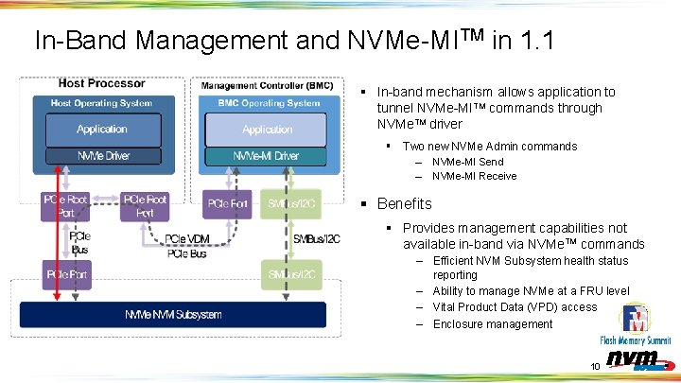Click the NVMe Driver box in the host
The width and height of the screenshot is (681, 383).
[102, 155]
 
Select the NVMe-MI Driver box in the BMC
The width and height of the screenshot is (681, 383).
[266, 155]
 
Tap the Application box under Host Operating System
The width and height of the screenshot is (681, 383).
[102, 129]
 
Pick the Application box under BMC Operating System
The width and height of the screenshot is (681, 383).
[266, 129]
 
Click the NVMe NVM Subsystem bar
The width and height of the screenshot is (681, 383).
[172, 314]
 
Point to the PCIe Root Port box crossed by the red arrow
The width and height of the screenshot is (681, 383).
[65, 205]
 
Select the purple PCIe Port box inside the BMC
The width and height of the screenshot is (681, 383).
[228, 203]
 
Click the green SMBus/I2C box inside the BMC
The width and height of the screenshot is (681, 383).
[291, 203]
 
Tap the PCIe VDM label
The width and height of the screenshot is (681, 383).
[186, 240]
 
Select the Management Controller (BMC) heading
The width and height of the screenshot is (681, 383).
[261, 85]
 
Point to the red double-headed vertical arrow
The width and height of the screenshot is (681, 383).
[58, 236]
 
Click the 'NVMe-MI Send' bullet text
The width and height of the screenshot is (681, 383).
[467, 162]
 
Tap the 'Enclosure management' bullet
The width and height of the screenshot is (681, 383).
[492, 323]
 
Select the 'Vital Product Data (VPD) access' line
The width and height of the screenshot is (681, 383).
[515, 306]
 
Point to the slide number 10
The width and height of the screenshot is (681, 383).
[595, 366]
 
